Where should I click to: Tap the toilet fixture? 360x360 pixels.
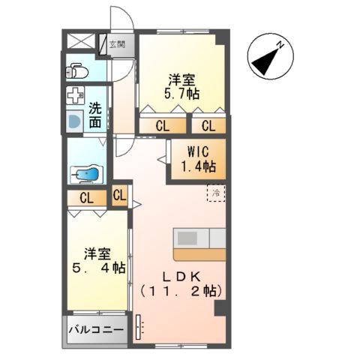coord(76,70)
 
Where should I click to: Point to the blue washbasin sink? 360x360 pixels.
coord(73,121)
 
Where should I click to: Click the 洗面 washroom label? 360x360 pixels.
coord(95,113)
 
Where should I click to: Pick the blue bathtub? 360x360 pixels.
coord(85,174)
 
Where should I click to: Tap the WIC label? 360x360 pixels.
coord(196,151)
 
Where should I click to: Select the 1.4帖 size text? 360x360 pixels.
coord(196,166)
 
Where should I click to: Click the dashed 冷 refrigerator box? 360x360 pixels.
coord(216,192)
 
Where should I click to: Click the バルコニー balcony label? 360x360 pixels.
coord(97,329)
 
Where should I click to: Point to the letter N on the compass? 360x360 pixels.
coord(280,46)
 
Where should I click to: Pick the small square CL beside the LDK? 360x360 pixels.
coord(120,196)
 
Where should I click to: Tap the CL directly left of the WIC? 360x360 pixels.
coord(161,125)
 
